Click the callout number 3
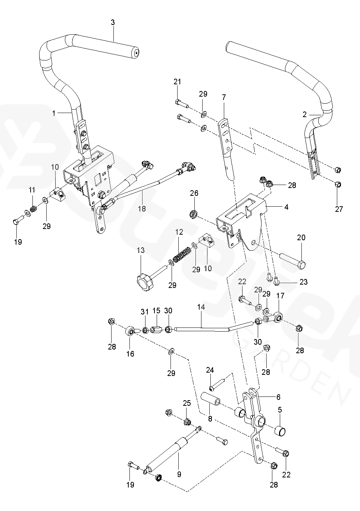point(113,22)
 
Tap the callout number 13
point(141,250)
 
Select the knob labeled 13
point(144,283)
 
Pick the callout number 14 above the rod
point(201,307)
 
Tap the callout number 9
point(179,474)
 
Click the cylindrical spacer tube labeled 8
point(211,401)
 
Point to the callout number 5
point(280,410)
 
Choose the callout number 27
point(339,209)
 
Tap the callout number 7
point(224,97)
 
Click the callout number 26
point(194,193)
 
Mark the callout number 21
point(177,82)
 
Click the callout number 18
point(142,209)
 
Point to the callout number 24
point(210,370)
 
